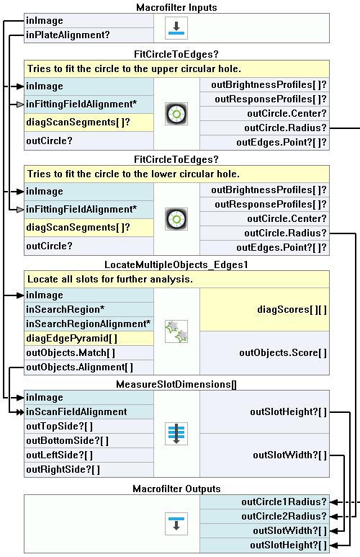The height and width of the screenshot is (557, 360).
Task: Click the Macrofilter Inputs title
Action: [176, 7]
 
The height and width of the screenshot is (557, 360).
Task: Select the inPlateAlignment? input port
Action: [68, 35]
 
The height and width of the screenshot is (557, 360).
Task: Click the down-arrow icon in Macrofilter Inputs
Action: [176, 28]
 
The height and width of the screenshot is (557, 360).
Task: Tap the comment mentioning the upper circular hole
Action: [134, 68]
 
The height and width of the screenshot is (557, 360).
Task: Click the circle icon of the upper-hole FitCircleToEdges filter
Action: [176, 114]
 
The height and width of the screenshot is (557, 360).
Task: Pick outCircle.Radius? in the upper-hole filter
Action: [285, 128]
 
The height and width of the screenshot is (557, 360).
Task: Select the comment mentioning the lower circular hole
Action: [133, 174]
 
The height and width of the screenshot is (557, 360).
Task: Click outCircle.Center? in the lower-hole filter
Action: [287, 218]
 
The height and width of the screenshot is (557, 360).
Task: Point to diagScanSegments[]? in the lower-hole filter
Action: [78, 228]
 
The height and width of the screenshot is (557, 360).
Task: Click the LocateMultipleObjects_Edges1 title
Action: [176, 264]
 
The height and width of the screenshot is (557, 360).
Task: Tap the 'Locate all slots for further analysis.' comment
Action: [110, 279]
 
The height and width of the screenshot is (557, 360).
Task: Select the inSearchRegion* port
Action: [66, 309]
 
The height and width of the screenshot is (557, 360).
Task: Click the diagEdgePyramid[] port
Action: [72, 338]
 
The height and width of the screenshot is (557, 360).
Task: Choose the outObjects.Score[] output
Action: [283, 353]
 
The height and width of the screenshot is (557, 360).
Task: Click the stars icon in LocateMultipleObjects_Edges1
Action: [176, 331]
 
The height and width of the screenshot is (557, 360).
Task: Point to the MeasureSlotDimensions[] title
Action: [176, 384]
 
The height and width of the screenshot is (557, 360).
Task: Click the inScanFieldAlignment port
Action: [76, 411]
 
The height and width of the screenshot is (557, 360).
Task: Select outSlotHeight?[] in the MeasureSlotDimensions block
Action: [288, 411]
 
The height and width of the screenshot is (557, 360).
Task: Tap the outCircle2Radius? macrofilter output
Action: [284, 516]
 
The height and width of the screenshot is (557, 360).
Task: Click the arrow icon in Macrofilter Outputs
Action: [176, 524]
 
